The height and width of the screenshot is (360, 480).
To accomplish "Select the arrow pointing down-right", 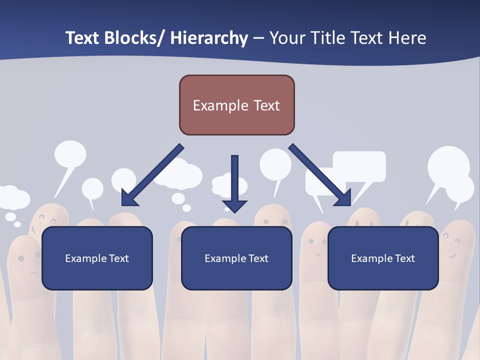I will [320, 175].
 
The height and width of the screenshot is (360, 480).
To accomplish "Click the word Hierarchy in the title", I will [208, 38].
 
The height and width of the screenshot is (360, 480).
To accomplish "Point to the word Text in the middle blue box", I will [257, 258].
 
